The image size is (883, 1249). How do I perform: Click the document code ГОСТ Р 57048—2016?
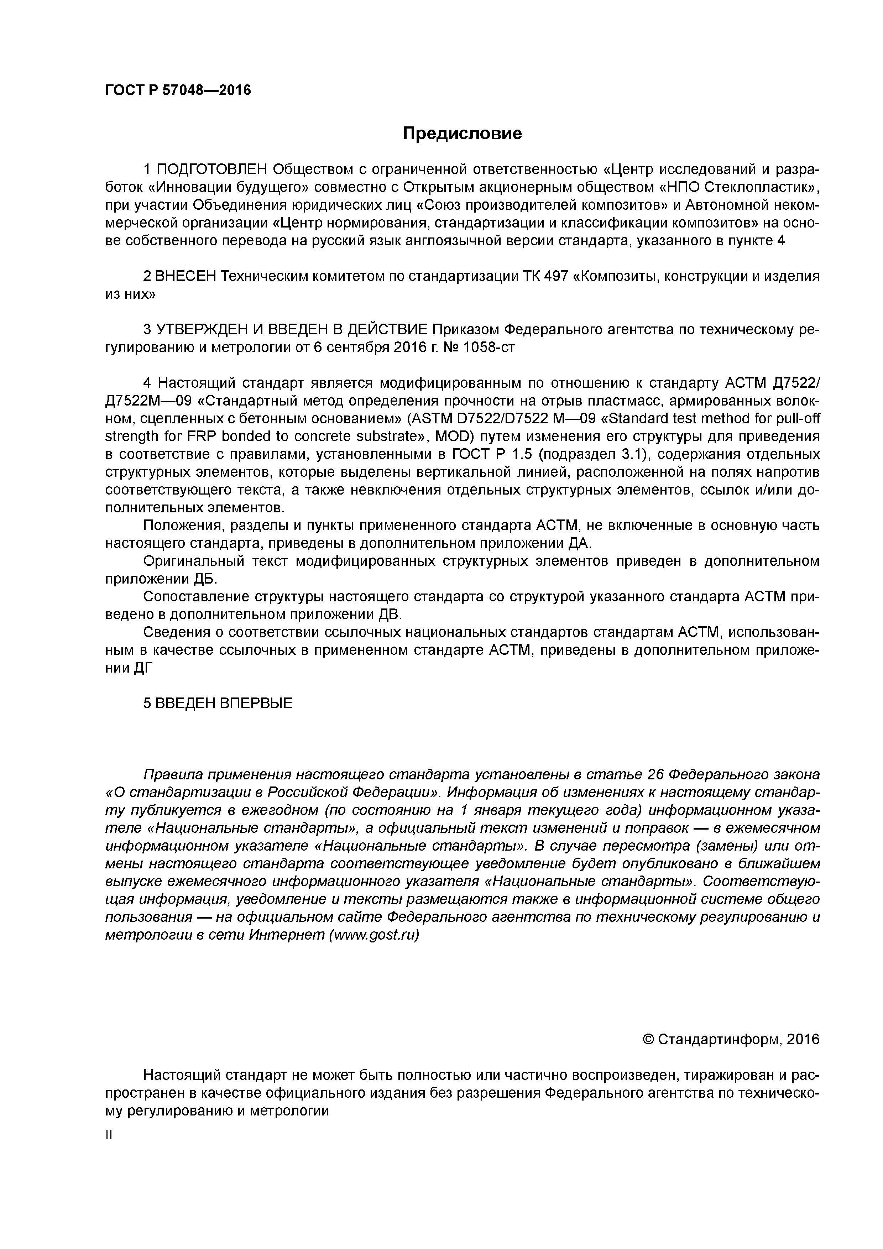tap(178, 90)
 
